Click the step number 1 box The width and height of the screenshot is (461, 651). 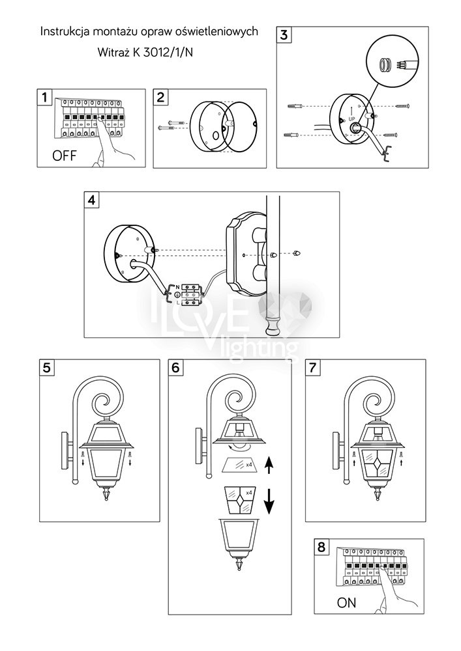[x=45, y=98]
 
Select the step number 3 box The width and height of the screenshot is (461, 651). [x=284, y=36]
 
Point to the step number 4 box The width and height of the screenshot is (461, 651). [x=92, y=201]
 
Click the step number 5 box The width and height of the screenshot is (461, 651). [x=46, y=368]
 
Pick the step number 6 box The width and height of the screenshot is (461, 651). [x=175, y=368]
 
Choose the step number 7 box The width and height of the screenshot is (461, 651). [x=314, y=368]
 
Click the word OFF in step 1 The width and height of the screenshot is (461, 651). [x=65, y=156]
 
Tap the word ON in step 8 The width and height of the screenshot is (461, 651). [x=346, y=603]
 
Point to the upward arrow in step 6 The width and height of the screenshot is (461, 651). [x=269, y=467]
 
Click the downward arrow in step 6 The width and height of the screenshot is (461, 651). [x=269, y=501]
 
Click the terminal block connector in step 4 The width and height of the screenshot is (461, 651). [x=191, y=295]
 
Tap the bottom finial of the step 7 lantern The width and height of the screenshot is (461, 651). [x=379, y=497]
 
